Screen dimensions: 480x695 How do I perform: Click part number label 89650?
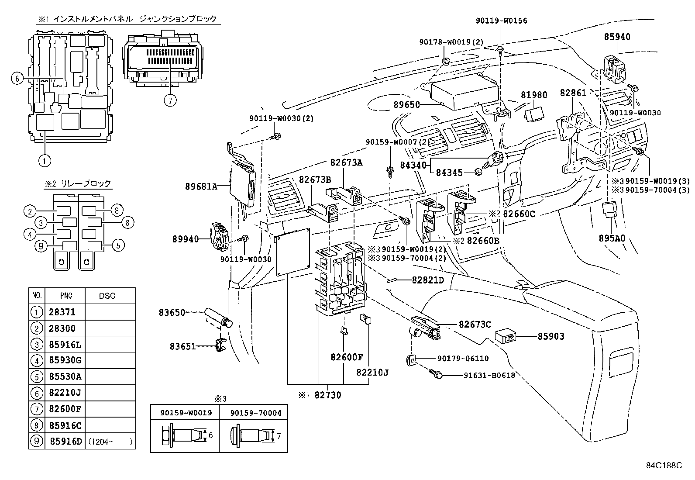(x=406, y=105)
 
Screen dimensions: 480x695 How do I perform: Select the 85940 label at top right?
(x=617, y=37)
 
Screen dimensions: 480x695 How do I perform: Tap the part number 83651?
(x=182, y=346)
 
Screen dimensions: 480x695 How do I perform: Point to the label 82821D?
(x=428, y=280)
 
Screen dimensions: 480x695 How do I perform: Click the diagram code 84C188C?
(x=664, y=466)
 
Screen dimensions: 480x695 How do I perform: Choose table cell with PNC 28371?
(x=62, y=312)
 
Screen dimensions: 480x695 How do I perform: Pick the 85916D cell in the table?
(x=66, y=441)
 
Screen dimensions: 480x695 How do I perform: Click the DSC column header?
(x=107, y=296)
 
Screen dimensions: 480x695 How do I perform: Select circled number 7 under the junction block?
(x=170, y=100)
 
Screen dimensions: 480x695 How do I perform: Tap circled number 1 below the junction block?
(x=44, y=160)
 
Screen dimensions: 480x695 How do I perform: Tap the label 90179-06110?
(x=463, y=359)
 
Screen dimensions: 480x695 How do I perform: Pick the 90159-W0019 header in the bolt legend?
(x=186, y=413)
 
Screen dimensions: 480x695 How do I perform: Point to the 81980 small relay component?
(x=535, y=114)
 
